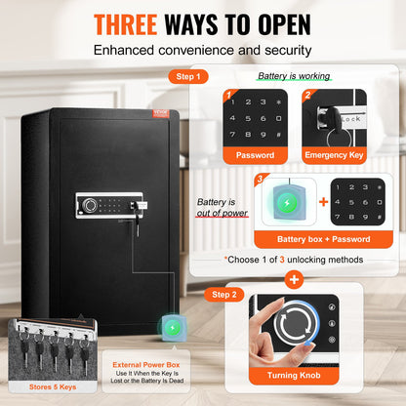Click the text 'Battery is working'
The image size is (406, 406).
point(292,75)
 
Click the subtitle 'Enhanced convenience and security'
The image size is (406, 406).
point(203,48)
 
